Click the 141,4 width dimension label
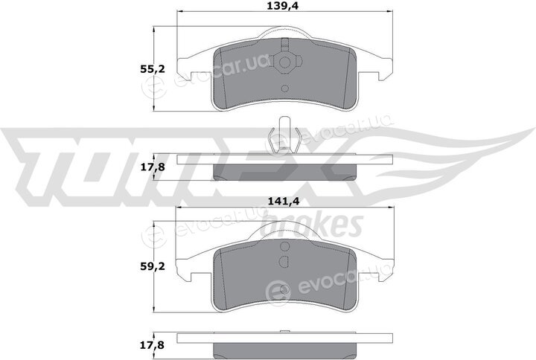click(x=283, y=202)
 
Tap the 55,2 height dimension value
click(x=152, y=69)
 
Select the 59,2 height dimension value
click(x=152, y=266)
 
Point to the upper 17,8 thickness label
click(x=152, y=167)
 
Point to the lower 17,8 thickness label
click(x=152, y=345)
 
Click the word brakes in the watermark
click(x=311, y=225)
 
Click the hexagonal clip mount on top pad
click(x=284, y=62)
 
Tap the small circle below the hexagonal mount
click(x=284, y=89)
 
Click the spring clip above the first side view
click(x=284, y=135)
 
